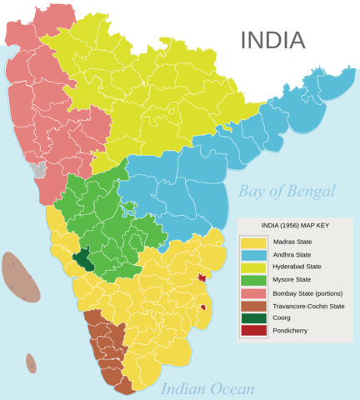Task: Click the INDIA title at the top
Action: pos(272,39)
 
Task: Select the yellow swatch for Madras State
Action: pos(254,241)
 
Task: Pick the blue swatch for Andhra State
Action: pos(254,253)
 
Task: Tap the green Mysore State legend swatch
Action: pos(254,279)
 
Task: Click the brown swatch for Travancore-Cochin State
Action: pos(254,305)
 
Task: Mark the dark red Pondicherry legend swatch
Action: pos(254,331)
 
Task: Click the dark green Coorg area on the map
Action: pos(83,259)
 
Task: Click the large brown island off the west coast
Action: pos(20,277)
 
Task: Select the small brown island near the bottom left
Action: pos(31,363)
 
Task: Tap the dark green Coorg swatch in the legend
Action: pos(254,318)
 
